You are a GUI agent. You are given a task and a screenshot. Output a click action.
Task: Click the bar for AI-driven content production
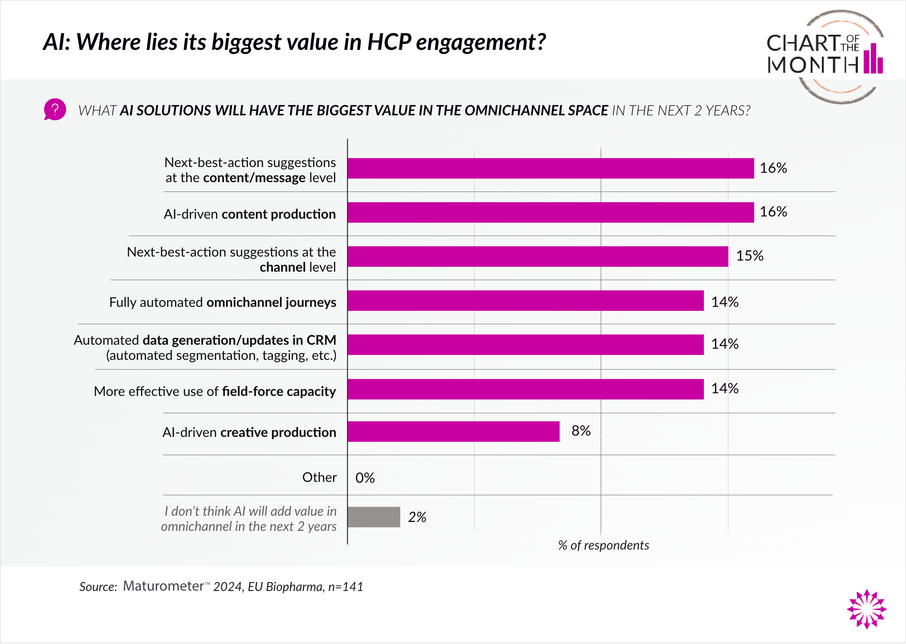pos(550,212)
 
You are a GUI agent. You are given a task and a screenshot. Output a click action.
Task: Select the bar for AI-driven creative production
pos(453,432)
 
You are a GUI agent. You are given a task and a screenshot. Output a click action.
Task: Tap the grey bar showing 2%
pos(374,517)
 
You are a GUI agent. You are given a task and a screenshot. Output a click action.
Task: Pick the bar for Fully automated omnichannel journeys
pos(525,301)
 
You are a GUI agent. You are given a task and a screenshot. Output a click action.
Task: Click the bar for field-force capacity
pos(525,389)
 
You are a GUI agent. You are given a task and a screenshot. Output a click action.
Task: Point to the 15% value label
pos(750,256)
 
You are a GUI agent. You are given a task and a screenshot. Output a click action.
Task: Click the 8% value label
pos(581,431)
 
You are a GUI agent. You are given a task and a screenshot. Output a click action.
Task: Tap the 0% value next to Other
pos(365,478)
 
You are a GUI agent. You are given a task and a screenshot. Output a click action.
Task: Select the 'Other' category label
pos(319,477)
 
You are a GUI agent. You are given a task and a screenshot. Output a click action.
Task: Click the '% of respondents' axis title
pos(603,546)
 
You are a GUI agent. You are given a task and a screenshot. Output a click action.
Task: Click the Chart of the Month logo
pos(825,57)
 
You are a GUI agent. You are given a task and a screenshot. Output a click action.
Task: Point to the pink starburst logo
pos(866,609)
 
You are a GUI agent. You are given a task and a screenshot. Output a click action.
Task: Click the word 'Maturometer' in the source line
pos(163,587)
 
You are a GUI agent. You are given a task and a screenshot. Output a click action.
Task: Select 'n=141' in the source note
pos(345,587)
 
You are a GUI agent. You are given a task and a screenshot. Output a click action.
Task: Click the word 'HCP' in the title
pos(389,42)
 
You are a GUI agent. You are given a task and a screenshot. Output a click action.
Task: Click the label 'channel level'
pos(297,267)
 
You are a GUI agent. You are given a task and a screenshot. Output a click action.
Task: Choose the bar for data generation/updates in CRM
pos(525,345)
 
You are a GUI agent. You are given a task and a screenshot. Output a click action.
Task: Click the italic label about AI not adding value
pos(249,519)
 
